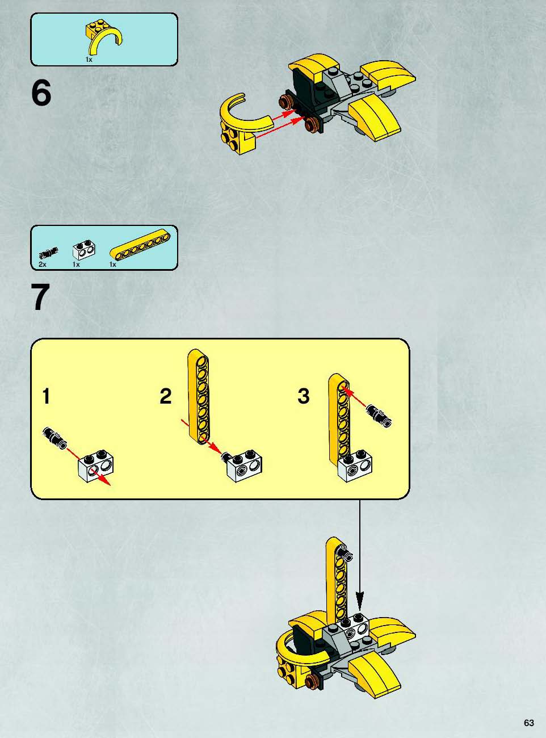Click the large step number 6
coord(41,93)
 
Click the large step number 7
coord(41,297)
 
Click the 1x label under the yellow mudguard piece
coord(89,60)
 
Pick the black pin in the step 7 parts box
coord(49,253)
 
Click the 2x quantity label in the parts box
coord(42,265)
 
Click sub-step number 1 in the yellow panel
coord(46,396)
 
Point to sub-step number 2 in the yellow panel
coord(165,396)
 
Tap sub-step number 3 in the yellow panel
coord(304,396)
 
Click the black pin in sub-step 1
coord(55,437)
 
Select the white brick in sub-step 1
coord(95,464)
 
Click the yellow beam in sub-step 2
coord(199,396)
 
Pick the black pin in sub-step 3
coord(379,416)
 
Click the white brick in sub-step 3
coord(355,466)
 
